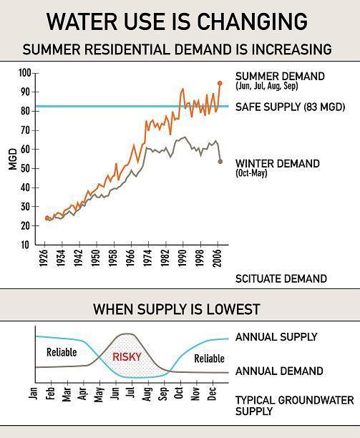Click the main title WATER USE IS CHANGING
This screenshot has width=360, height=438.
coord(177,21)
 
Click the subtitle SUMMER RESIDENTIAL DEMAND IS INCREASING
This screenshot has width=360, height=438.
coord(177,50)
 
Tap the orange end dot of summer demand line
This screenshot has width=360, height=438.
coord(220,83)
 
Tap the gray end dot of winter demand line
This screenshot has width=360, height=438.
coord(220,161)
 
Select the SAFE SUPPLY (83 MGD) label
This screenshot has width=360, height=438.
coord(290,107)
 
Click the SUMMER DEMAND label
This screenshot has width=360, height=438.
coord(280,76)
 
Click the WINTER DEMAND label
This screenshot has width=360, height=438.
coord(278,163)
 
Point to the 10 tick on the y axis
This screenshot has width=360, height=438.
coord(26,245)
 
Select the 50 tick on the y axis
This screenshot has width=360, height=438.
coord(26,168)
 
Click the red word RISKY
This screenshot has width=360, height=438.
coord(127,356)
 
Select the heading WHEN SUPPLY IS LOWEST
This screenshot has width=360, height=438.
coord(177,309)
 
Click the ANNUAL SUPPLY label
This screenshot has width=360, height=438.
coord(276,337)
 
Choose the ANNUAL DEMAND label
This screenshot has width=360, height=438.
coord(279,371)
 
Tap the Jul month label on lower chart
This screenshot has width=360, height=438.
coord(131,393)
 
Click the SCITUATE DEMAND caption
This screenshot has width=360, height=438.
coord(281,278)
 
